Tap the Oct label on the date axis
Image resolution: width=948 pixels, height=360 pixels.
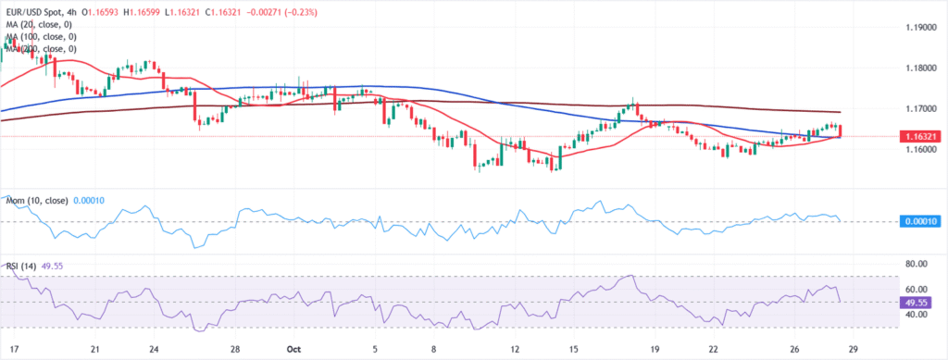pos(293,350)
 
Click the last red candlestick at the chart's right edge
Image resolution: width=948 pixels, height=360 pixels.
pos(841,131)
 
